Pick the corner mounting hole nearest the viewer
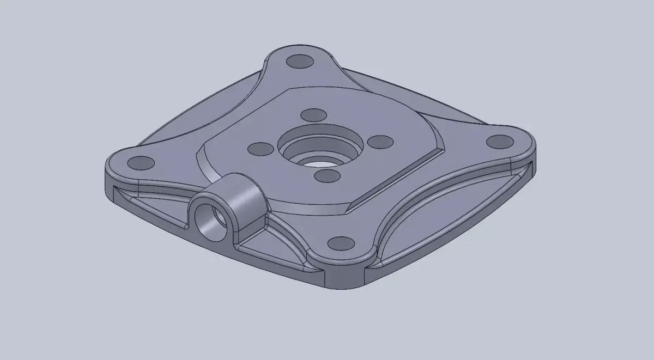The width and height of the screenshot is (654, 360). point(341,243)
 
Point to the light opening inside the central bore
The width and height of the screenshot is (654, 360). point(319,162)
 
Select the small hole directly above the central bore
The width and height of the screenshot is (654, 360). point(313,115)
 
